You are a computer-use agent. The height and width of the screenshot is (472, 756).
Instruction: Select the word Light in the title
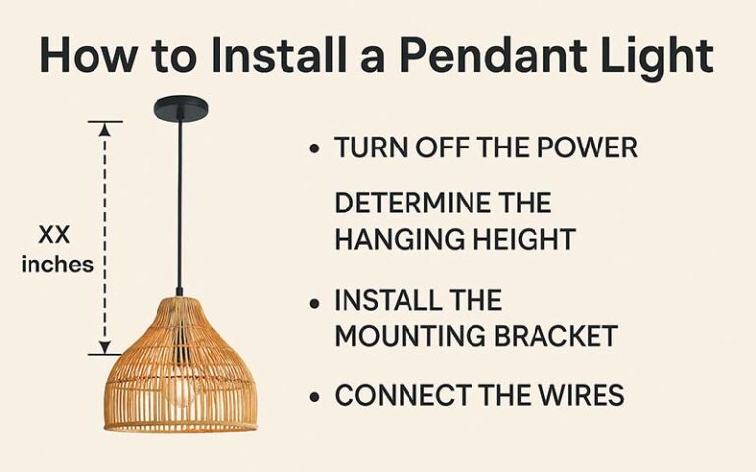click(653, 57)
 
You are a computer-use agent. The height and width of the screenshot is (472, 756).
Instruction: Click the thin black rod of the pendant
click(179, 197)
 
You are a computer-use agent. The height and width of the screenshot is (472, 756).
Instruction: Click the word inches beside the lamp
click(57, 264)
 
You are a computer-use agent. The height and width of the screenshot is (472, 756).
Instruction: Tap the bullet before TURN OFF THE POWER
click(315, 148)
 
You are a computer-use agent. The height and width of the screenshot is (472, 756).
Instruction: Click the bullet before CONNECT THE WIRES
click(315, 397)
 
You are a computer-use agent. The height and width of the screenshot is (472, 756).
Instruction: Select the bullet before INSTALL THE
click(315, 300)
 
